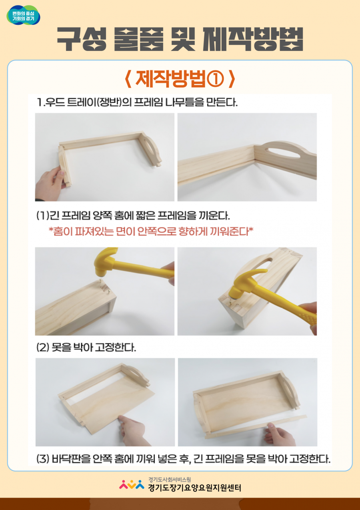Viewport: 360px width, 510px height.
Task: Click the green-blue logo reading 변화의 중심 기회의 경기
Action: tap(23, 15)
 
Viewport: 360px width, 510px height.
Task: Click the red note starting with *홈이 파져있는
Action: tap(151, 231)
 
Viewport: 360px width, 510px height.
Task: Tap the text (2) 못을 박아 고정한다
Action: tap(86, 347)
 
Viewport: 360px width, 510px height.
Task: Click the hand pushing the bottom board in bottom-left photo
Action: tap(134, 430)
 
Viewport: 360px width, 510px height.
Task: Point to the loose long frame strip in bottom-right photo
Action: tap(256, 426)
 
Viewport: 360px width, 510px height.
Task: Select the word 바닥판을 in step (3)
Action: tap(71, 459)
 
